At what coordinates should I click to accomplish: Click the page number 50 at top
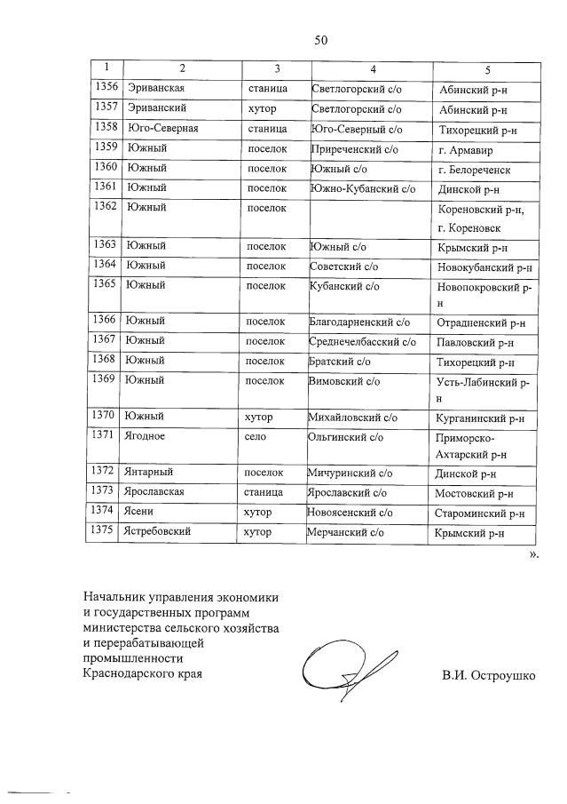320,39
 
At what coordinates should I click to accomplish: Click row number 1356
106,88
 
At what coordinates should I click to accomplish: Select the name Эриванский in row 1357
156,109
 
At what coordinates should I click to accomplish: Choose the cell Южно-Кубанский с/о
362,188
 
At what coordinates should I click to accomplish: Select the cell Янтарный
150,474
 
